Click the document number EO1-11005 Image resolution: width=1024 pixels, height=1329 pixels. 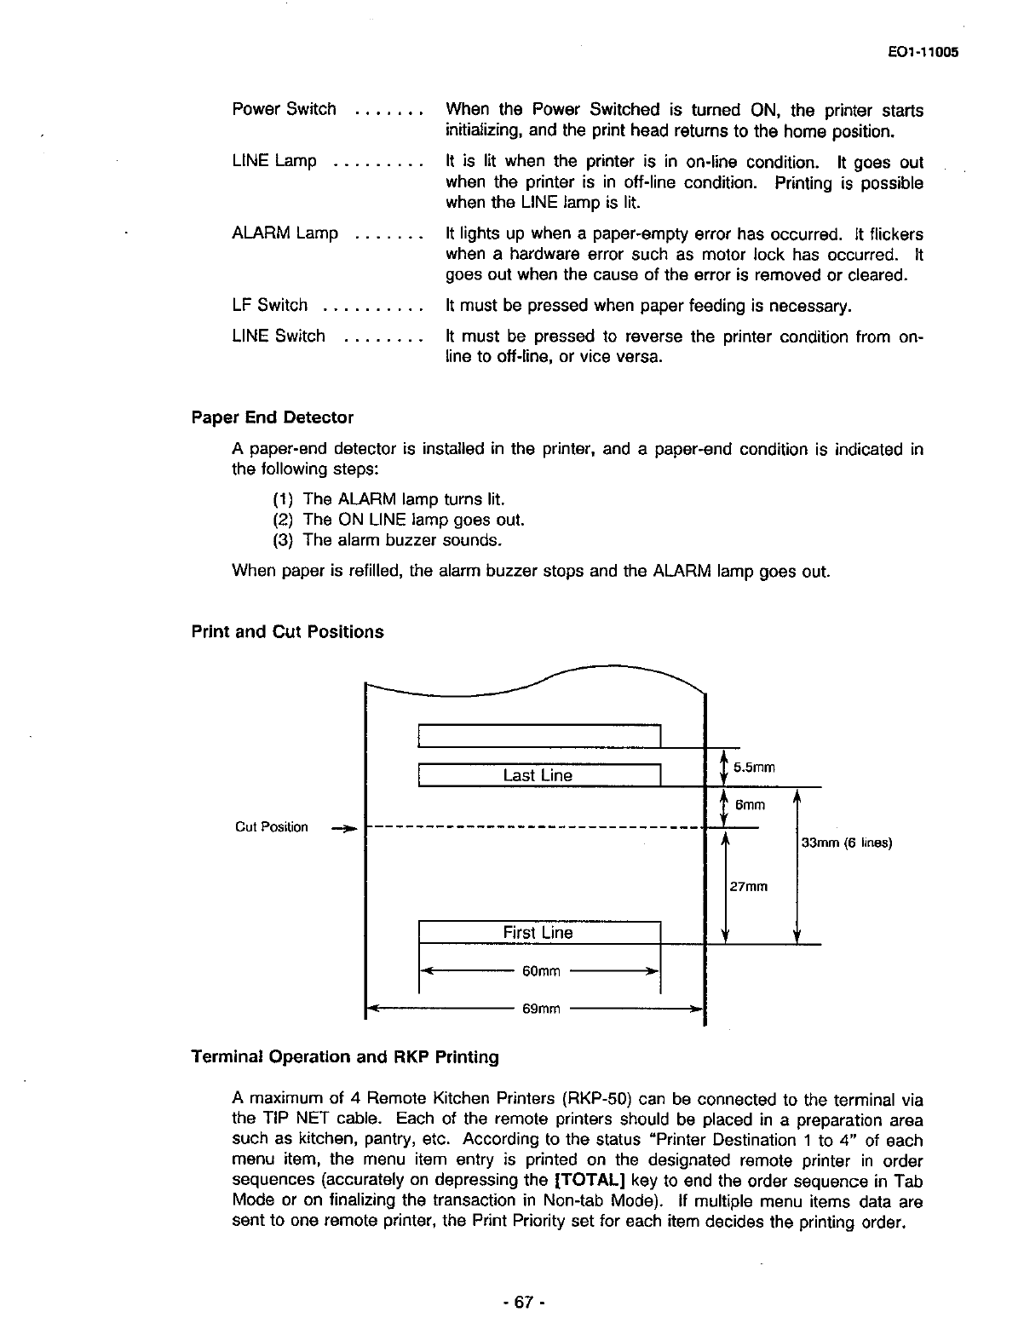[923, 51]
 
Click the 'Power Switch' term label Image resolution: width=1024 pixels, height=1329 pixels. [284, 109]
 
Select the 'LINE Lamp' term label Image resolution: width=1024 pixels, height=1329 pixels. [273, 161]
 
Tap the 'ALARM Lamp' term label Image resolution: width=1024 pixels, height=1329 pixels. [285, 233]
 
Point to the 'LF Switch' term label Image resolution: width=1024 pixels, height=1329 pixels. [269, 305]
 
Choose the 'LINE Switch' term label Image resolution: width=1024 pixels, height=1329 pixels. [278, 337]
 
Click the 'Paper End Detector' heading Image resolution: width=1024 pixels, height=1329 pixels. [272, 417]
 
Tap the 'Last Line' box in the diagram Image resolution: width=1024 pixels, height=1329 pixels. [538, 775]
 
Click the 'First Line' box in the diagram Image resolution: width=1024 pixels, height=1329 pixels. [538, 933]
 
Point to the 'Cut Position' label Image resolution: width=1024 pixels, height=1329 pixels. [272, 827]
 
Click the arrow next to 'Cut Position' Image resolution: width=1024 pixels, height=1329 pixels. [343, 827]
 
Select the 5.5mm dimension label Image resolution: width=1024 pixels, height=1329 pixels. [754, 767]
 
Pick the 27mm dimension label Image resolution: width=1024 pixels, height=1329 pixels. [749, 887]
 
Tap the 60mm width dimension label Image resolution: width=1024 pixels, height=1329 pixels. [542, 971]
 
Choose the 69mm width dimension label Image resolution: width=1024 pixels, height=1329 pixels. [542, 1010]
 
